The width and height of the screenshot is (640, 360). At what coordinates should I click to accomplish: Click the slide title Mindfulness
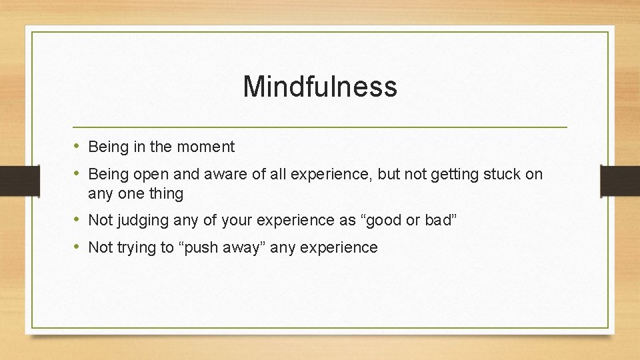pyautogui.click(x=320, y=87)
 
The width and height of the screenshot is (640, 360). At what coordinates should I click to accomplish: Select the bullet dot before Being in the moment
pyautogui.click(x=77, y=146)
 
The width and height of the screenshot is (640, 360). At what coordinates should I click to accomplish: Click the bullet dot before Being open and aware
pyautogui.click(x=77, y=174)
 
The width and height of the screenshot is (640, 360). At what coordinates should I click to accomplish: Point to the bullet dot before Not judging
pyautogui.click(x=77, y=220)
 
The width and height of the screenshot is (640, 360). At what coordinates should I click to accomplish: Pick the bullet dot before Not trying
pyautogui.click(x=77, y=247)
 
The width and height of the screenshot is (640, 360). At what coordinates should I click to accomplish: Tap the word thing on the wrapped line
pyautogui.click(x=165, y=194)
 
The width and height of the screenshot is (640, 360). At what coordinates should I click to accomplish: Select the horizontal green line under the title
pyautogui.click(x=320, y=127)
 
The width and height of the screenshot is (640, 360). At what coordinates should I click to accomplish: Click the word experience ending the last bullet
pyautogui.click(x=339, y=248)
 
